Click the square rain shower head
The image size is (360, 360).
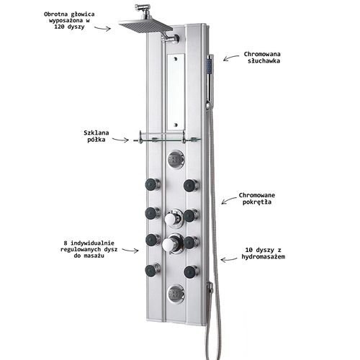[145, 25]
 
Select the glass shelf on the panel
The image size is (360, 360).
[167, 139]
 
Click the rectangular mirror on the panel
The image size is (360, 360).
[176, 92]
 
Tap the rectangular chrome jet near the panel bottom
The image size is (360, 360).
[176, 294]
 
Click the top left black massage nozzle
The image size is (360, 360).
[153, 184]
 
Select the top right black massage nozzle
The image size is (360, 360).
[191, 186]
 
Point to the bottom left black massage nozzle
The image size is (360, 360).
[153, 271]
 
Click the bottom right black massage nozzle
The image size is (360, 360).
[192, 271]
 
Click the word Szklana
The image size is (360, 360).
[96, 132]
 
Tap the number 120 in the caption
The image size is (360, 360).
[60, 27]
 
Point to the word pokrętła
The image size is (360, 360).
[257, 202]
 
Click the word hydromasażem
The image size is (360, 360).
[264, 256]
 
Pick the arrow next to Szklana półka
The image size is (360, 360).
[120, 140]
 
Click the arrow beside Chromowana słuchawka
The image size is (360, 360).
[231, 58]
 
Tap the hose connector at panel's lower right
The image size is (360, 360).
[210, 287]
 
